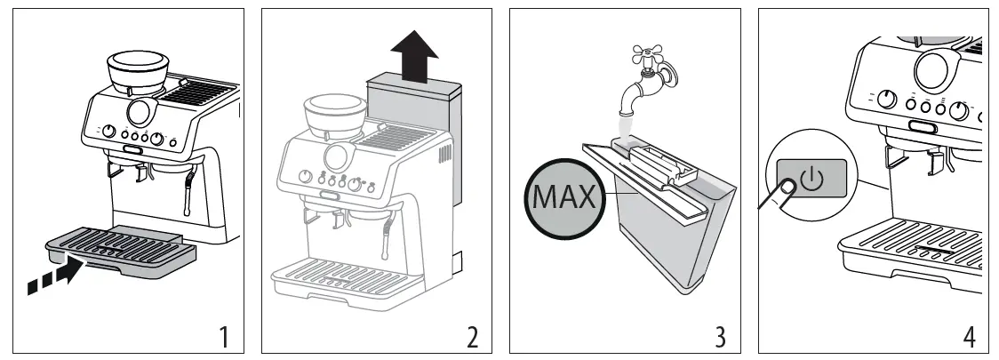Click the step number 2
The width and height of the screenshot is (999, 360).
(x=472, y=336)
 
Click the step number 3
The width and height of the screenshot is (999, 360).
(x=721, y=336)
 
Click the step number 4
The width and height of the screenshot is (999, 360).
(x=970, y=336)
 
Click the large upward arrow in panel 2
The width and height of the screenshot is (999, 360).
(x=414, y=55)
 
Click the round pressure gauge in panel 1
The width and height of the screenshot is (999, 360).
(x=140, y=113)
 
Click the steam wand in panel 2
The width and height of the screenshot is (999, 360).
(x=388, y=238)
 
